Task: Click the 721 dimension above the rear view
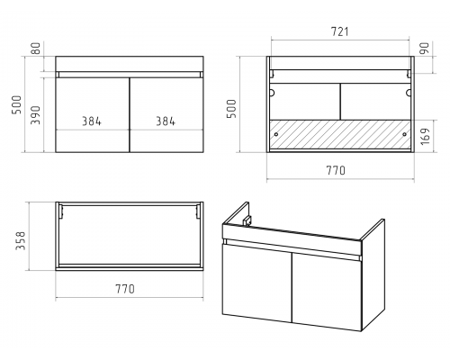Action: pyautogui.click(x=340, y=31)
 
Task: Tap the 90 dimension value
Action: pyautogui.click(x=425, y=49)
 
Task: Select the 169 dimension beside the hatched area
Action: pyautogui.click(x=425, y=136)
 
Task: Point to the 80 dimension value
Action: pyautogui.click(x=36, y=49)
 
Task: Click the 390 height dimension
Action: pyautogui.click(x=35, y=115)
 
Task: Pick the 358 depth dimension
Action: pyautogui.click(x=21, y=240)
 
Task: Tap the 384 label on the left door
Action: pyautogui.click(x=92, y=121)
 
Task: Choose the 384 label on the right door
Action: pyautogui.click(x=166, y=121)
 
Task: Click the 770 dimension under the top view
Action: pyautogui.click(x=125, y=289)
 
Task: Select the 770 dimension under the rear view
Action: pyautogui.click(x=336, y=170)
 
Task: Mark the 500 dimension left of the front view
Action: pyautogui.click(x=17, y=104)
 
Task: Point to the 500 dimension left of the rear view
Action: pyautogui.click(x=231, y=108)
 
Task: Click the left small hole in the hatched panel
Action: pyautogui.click(x=276, y=134)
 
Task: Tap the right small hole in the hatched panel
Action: pyautogui.click(x=404, y=134)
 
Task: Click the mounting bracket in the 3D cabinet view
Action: pyautogui.click(x=247, y=220)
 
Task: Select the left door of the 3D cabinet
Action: pyautogui.click(x=257, y=283)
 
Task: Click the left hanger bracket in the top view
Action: pyautogui.click(x=61, y=211)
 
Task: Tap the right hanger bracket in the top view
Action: pyautogui.click(x=198, y=211)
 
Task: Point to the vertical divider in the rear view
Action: pyautogui.click(x=340, y=102)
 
